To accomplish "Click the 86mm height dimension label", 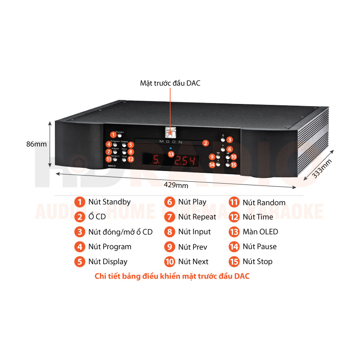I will point(36,144).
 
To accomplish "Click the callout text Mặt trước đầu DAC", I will point(170,83).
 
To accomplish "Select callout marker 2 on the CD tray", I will point(205,143).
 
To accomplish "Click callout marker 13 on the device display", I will point(171,154).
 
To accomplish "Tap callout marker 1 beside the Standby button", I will point(113,135).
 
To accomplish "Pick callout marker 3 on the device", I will point(229,139).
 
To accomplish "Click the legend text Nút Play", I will point(192,202).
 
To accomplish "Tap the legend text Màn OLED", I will point(260,232).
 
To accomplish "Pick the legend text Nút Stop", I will point(257,261).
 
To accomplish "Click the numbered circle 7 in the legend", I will point(170,217).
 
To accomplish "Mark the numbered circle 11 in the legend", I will point(234,202).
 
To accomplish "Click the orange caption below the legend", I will point(172,276).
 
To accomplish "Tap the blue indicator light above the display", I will point(171,148).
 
